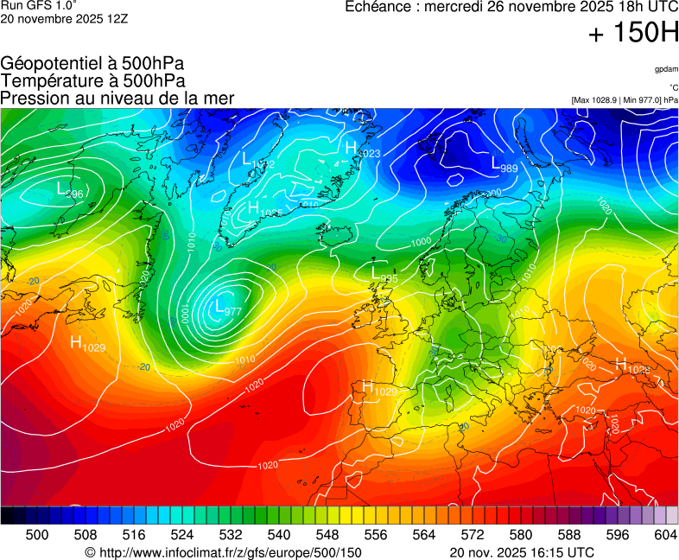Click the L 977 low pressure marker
pos(227,308)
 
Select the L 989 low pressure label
pos(504,164)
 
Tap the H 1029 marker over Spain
pos(379,389)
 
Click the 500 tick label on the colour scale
pos(37,535)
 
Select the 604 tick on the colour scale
pos(666,535)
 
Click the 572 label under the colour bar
pos(473,535)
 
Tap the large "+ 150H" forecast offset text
pos(633,34)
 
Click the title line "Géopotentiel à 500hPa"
pos(92,63)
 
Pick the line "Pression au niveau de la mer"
pos(117,98)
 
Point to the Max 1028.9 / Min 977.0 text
pos(625,100)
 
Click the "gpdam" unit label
pos(665,69)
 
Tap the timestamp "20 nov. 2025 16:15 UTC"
pos(522,552)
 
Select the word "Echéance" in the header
pos(375,7)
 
